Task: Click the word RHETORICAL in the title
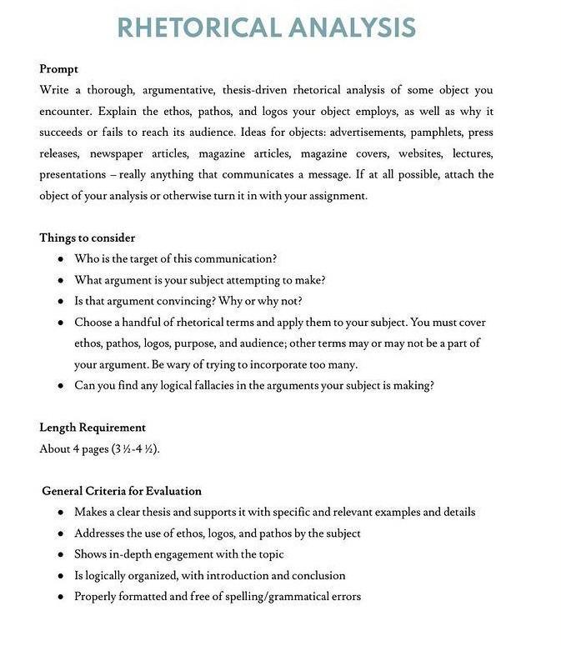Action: point(199,28)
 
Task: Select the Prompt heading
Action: point(58,69)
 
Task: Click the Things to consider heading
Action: point(87,238)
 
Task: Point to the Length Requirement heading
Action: point(93,428)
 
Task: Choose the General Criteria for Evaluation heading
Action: point(122,491)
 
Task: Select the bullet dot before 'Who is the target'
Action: point(61,258)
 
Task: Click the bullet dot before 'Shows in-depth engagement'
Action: point(61,554)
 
